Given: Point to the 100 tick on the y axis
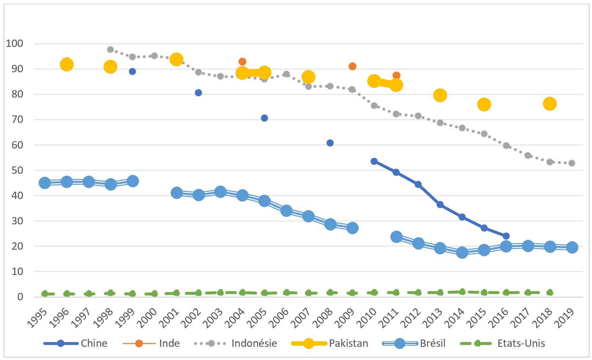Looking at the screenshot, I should pyautogui.click(x=15, y=44).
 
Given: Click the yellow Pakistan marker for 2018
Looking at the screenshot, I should pyautogui.click(x=549, y=104).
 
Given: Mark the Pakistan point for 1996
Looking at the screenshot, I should pyautogui.click(x=66, y=65).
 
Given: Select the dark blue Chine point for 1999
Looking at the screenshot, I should pyautogui.click(x=132, y=71).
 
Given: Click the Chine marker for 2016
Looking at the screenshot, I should pyautogui.click(x=506, y=236).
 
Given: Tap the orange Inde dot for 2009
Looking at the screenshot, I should pyautogui.click(x=352, y=66).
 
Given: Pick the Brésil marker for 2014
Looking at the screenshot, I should pyautogui.click(x=462, y=253).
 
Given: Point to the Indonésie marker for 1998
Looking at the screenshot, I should pyautogui.click(x=110, y=49).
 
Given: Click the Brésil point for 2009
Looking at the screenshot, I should pyautogui.click(x=352, y=228).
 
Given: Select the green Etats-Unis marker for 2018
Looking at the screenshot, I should pyautogui.click(x=549, y=293).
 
